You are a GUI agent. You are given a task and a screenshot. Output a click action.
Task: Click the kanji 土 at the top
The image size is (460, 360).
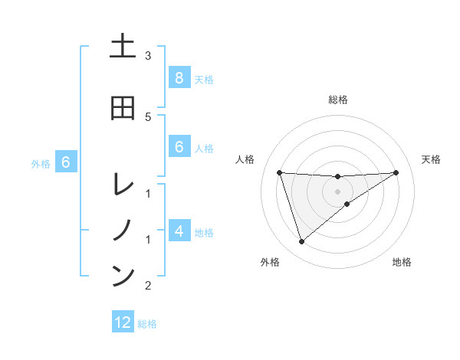[122, 47]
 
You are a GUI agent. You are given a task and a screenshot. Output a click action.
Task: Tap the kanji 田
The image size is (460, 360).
[122, 108]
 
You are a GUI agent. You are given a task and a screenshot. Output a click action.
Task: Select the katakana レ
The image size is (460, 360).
[122, 185]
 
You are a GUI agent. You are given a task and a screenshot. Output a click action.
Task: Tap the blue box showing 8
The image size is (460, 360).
[179, 78]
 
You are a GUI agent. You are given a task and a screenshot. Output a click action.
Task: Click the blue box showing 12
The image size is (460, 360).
[123, 322]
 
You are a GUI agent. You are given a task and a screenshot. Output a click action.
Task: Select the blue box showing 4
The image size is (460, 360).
[179, 231]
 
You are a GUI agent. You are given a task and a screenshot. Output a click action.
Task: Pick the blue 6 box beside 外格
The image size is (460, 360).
[66, 162]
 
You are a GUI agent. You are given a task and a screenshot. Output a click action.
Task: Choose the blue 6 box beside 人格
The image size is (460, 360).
[179, 147]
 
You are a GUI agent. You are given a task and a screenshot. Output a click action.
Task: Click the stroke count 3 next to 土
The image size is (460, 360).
[148, 56]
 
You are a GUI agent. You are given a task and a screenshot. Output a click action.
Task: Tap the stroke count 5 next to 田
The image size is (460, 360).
[148, 116]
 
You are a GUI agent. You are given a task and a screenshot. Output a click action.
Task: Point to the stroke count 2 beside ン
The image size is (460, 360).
[148, 286]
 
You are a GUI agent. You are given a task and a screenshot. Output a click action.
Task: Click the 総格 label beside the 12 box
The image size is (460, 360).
[147, 324]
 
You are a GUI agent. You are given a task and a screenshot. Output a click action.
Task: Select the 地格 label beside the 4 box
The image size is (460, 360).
[204, 232]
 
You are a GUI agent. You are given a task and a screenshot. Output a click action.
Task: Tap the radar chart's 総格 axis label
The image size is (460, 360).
[337, 100]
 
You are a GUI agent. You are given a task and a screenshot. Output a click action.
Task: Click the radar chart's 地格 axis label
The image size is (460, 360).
[402, 262]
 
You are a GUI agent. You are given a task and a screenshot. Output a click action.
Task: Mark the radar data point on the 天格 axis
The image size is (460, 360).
[396, 172]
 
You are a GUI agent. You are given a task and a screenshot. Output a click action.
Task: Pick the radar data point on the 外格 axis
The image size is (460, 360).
[301, 242]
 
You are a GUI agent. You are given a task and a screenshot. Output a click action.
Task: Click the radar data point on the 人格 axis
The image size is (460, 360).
[279, 172]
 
